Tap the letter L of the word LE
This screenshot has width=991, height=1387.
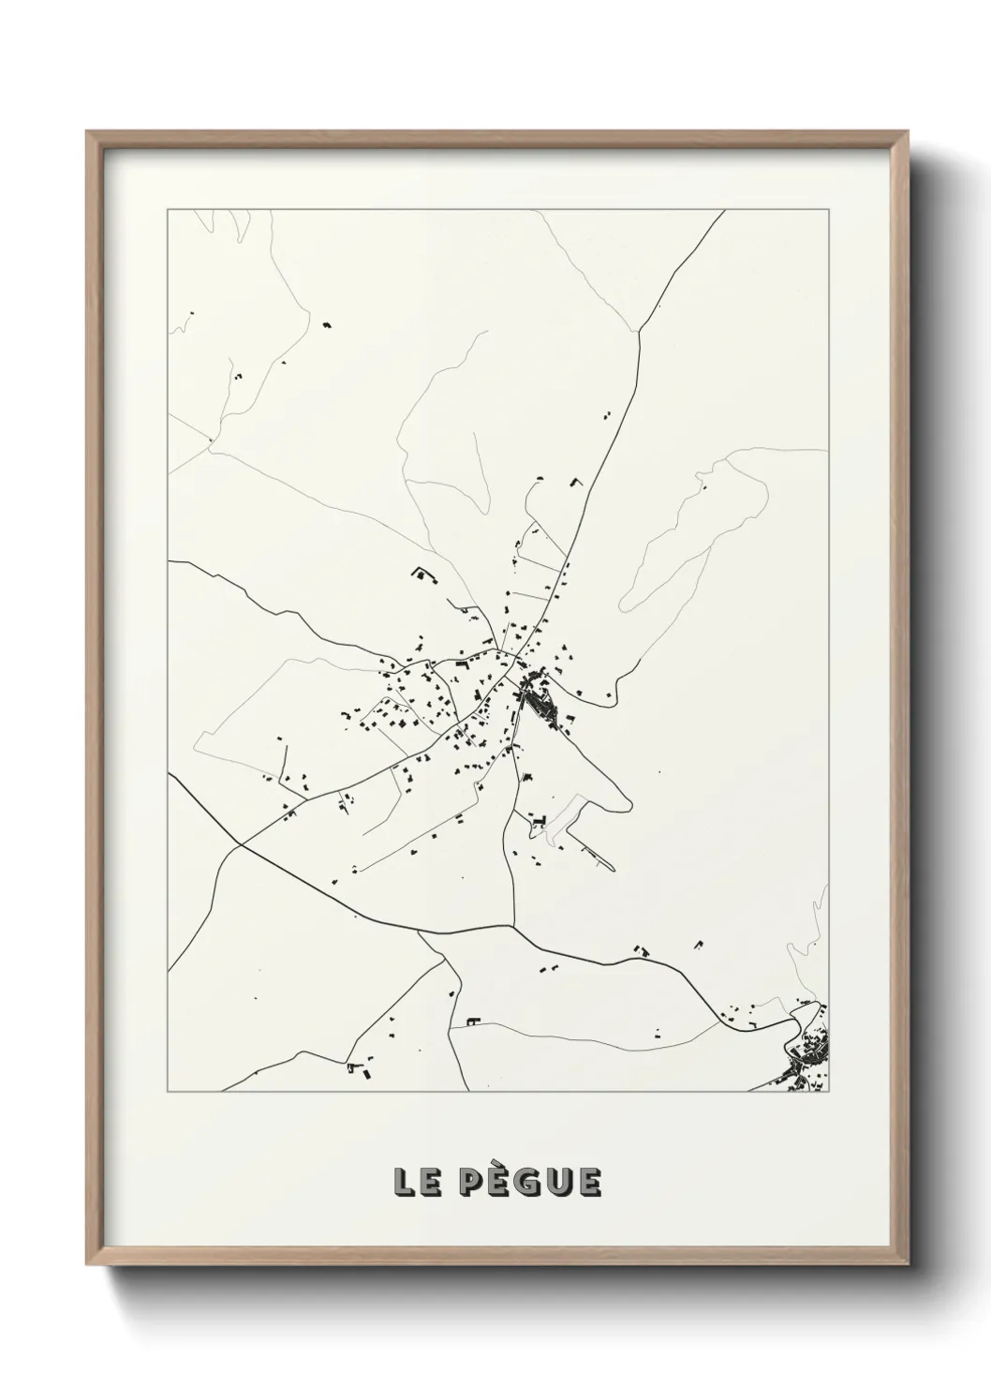point(405,1183)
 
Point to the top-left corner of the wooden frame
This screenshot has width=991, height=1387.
point(87,131)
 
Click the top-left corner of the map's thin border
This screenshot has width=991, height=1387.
point(168,210)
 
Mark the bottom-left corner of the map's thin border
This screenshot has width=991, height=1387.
point(168,1092)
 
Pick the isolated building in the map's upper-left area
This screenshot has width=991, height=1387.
point(327,324)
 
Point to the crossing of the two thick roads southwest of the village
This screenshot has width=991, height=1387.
point(240,844)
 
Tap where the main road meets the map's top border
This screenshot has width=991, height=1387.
point(725,211)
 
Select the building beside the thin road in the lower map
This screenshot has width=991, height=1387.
point(472,1019)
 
